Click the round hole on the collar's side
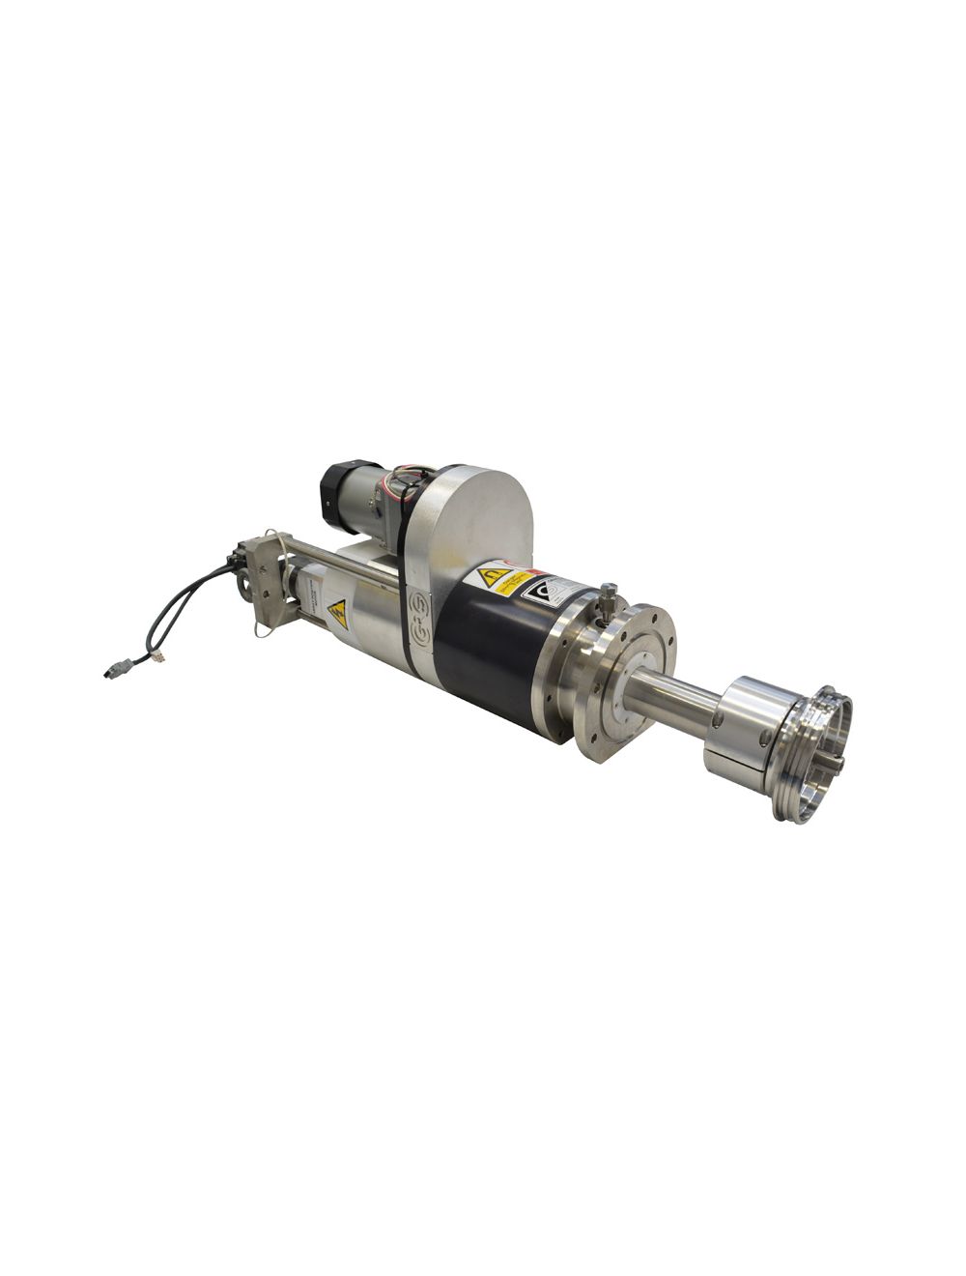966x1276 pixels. [x=767, y=738]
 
